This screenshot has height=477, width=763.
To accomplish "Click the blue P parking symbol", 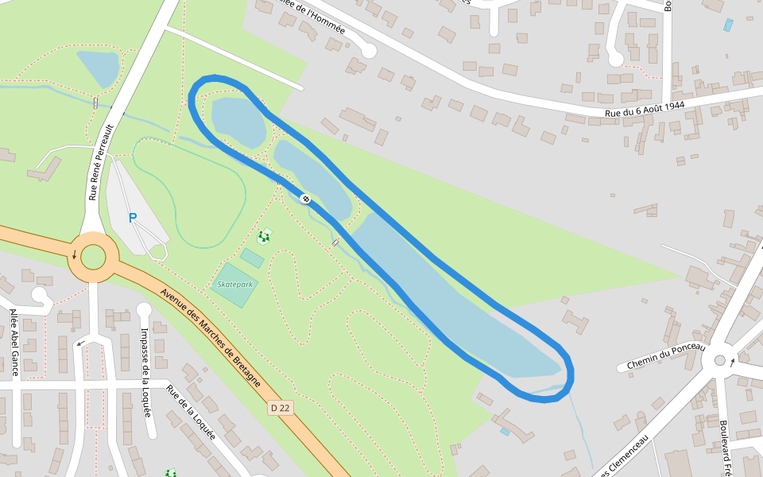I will tap(133, 218).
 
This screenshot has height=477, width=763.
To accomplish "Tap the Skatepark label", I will tap(234, 285).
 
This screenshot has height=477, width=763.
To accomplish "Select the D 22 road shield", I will tap(280, 408).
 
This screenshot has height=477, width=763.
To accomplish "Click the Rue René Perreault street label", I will tap(101, 161).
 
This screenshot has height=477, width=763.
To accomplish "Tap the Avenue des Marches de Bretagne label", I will tap(210, 337).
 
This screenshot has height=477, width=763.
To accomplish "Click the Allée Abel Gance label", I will tap(14, 343).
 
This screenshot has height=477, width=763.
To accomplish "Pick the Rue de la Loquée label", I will tap(191, 412).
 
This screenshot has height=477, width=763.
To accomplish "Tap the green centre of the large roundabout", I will tap(93, 257).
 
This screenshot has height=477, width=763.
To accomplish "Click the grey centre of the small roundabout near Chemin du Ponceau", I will tap(720, 360).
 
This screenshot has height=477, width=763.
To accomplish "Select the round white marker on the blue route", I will tap(305, 198).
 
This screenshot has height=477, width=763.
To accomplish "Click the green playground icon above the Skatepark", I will tap(264, 236).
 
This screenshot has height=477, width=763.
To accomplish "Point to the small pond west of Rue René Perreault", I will tap(99, 68).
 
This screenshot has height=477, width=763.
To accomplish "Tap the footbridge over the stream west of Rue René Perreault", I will tap(95, 102).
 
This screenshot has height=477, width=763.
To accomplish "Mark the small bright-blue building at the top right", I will tap(729, 25).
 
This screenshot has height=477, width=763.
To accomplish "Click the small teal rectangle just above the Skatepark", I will tap(252, 258).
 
